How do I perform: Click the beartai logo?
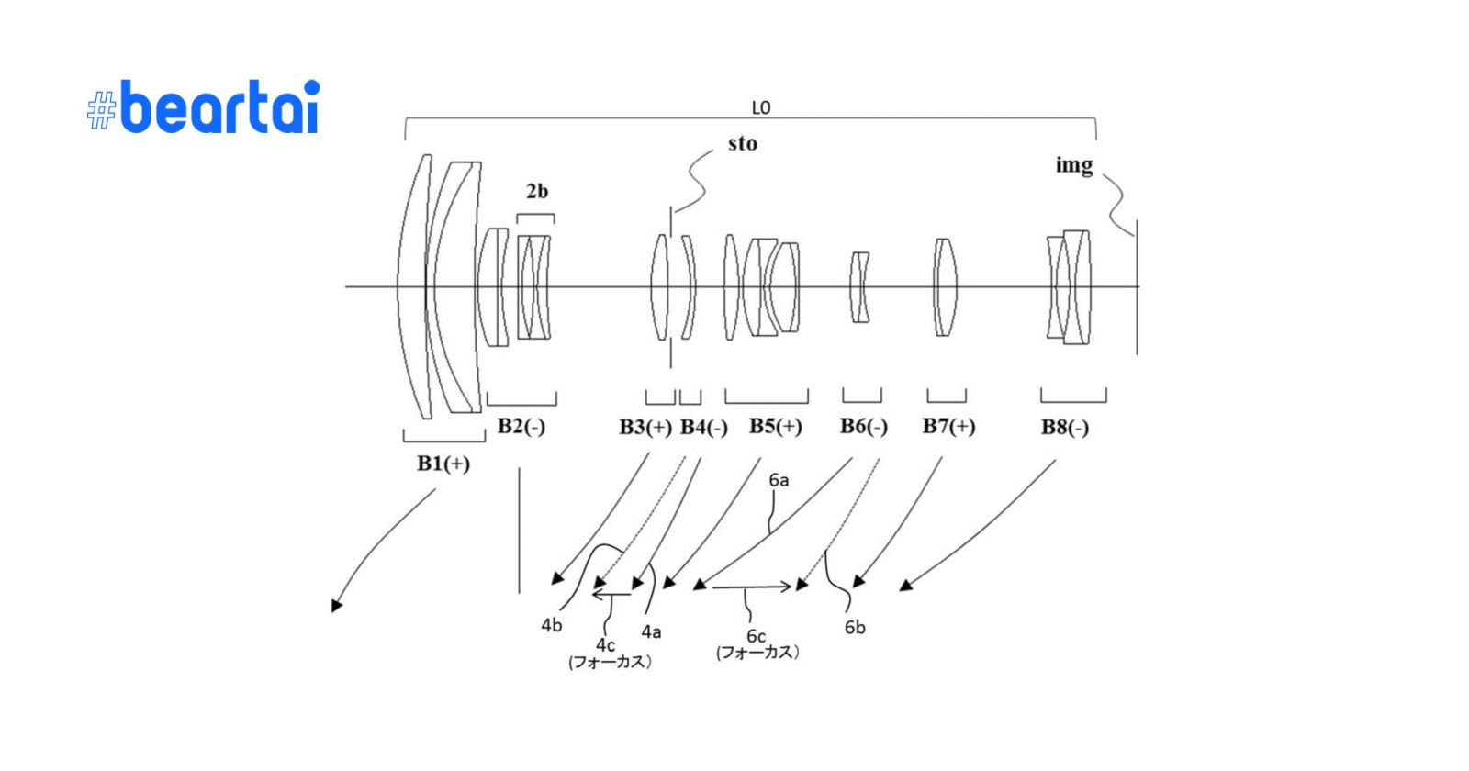(204, 107)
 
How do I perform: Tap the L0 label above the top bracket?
(761, 108)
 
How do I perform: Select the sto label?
(743, 144)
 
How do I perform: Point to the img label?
(1074, 165)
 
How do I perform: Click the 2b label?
(537, 192)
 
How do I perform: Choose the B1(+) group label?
(443, 464)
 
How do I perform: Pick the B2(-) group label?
(521, 427)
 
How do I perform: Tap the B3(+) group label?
(645, 427)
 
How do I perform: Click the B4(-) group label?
(704, 428)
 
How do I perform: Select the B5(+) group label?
(776, 427)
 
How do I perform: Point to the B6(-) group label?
(864, 427)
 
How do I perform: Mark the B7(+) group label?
(949, 427)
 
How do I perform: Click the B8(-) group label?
(1065, 428)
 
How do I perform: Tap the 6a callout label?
(779, 480)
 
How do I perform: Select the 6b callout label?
(855, 628)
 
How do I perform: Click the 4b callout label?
(551, 625)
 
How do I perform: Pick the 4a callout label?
(651, 632)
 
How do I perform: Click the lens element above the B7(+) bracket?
(945, 287)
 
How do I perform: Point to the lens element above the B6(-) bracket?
(859, 287)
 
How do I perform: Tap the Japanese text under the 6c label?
(757, 653)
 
